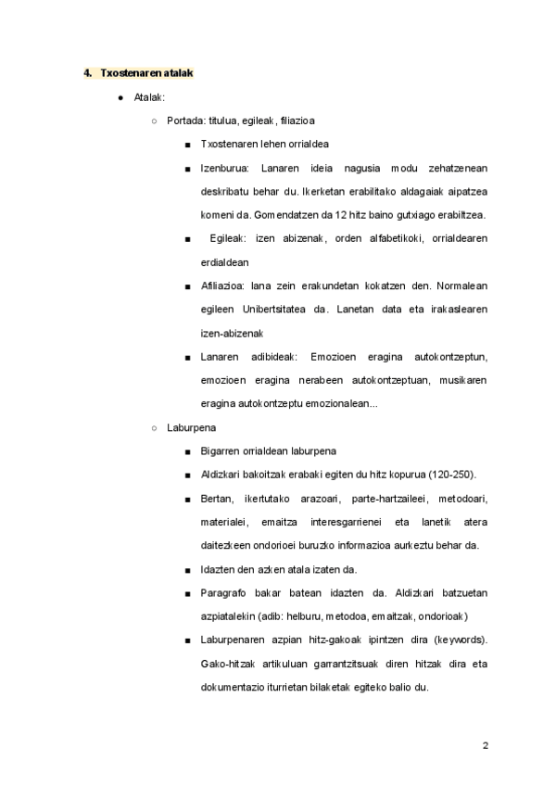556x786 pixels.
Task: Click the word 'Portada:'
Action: pyautogui.click(x=185, y=120)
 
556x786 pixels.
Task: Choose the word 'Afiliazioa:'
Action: pyautogui.click(x=225, y=286)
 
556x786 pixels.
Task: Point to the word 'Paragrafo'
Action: pyautogui.click(x=222, y=593)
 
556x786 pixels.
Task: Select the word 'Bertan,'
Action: pyautogui.click(x=218, y=499)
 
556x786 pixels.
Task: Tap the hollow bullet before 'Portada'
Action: pyautogui.click(x=154, y=120)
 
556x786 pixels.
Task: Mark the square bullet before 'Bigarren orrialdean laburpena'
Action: pyautogui.click(x=188, y=451)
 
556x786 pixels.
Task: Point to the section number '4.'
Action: pyautogui.click(x=88, y=72)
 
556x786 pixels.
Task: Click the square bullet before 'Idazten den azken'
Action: pyautogui.click(x=188, y=569)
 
